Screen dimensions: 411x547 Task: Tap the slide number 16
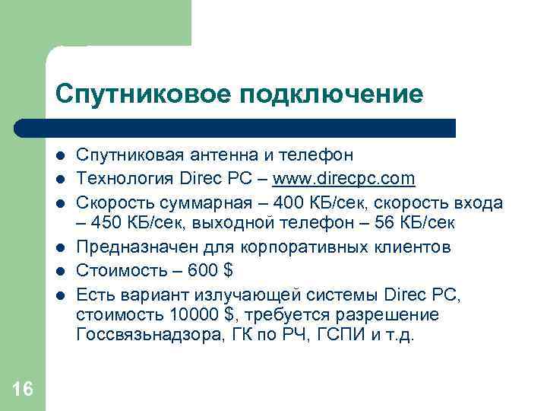pos(23,389)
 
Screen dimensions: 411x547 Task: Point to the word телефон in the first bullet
pos(317,156)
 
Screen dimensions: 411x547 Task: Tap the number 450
pos(109,225)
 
